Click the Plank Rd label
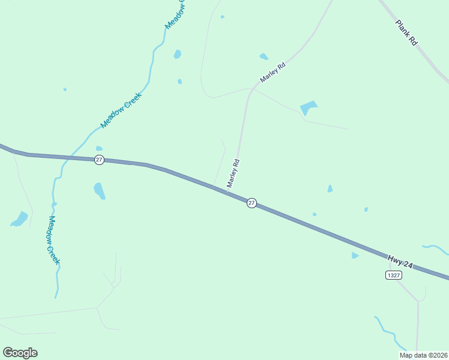coord(406,34)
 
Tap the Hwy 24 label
coord(400,262)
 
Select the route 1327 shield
coord(393,275)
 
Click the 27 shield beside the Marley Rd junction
coord(252,203)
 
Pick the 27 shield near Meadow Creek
coord(99,159)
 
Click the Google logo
coord(20,352)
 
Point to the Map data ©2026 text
coord(423,355)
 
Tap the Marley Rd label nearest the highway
coord(233,173)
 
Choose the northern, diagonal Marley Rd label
coord(272,72)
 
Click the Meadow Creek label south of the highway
coord(53,240)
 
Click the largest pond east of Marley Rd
coord(309,107)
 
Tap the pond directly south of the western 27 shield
coord(100,191)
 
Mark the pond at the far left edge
coord(20,219)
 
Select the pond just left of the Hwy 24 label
coord(355,256)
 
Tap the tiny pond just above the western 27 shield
coord(99,148)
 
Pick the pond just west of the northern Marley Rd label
coord(264,56)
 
